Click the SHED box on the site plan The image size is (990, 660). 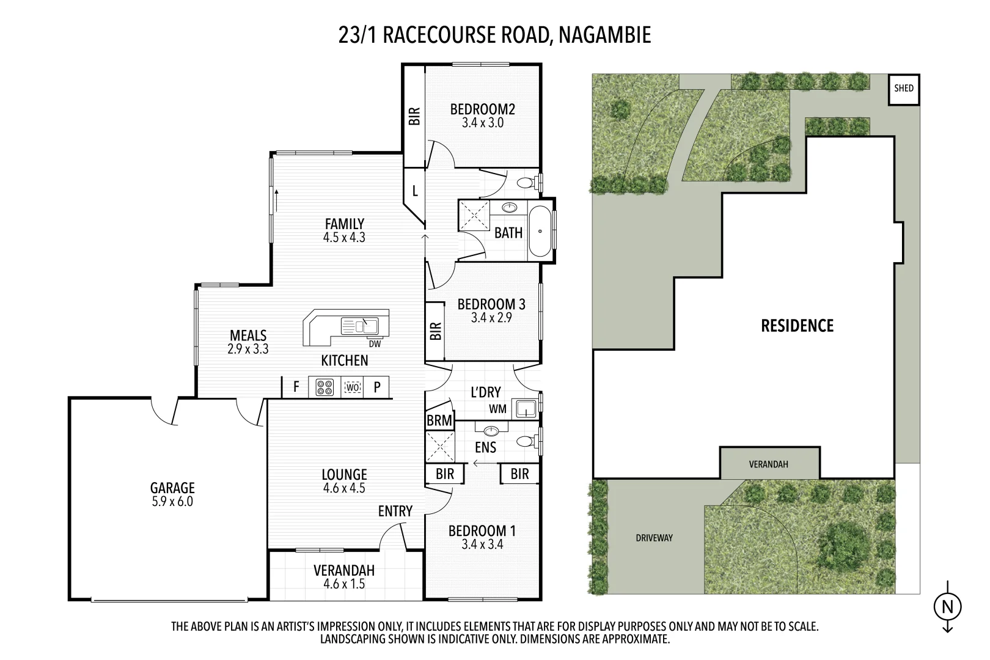point(904,89)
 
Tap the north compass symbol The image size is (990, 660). point(947,607)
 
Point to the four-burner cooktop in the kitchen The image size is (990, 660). point(324,387)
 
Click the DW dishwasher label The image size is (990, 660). point(375,344)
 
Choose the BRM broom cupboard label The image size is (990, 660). point(439,420)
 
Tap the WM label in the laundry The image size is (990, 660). point(497,409)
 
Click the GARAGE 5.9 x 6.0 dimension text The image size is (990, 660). point(172,502)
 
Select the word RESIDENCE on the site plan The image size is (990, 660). point(797,326)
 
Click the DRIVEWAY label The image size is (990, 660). point(654,538)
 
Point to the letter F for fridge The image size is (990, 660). point(296,387)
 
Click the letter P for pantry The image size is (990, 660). point(377,387)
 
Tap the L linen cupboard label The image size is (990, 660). point(415,191)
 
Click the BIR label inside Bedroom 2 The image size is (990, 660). point(415,116)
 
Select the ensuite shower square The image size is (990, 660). point(440,446)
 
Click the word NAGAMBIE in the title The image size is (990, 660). point(604,35)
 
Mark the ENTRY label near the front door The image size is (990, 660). point(395,511)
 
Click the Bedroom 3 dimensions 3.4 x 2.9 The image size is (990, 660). point(491,318)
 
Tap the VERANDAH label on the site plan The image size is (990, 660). point(768,464)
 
